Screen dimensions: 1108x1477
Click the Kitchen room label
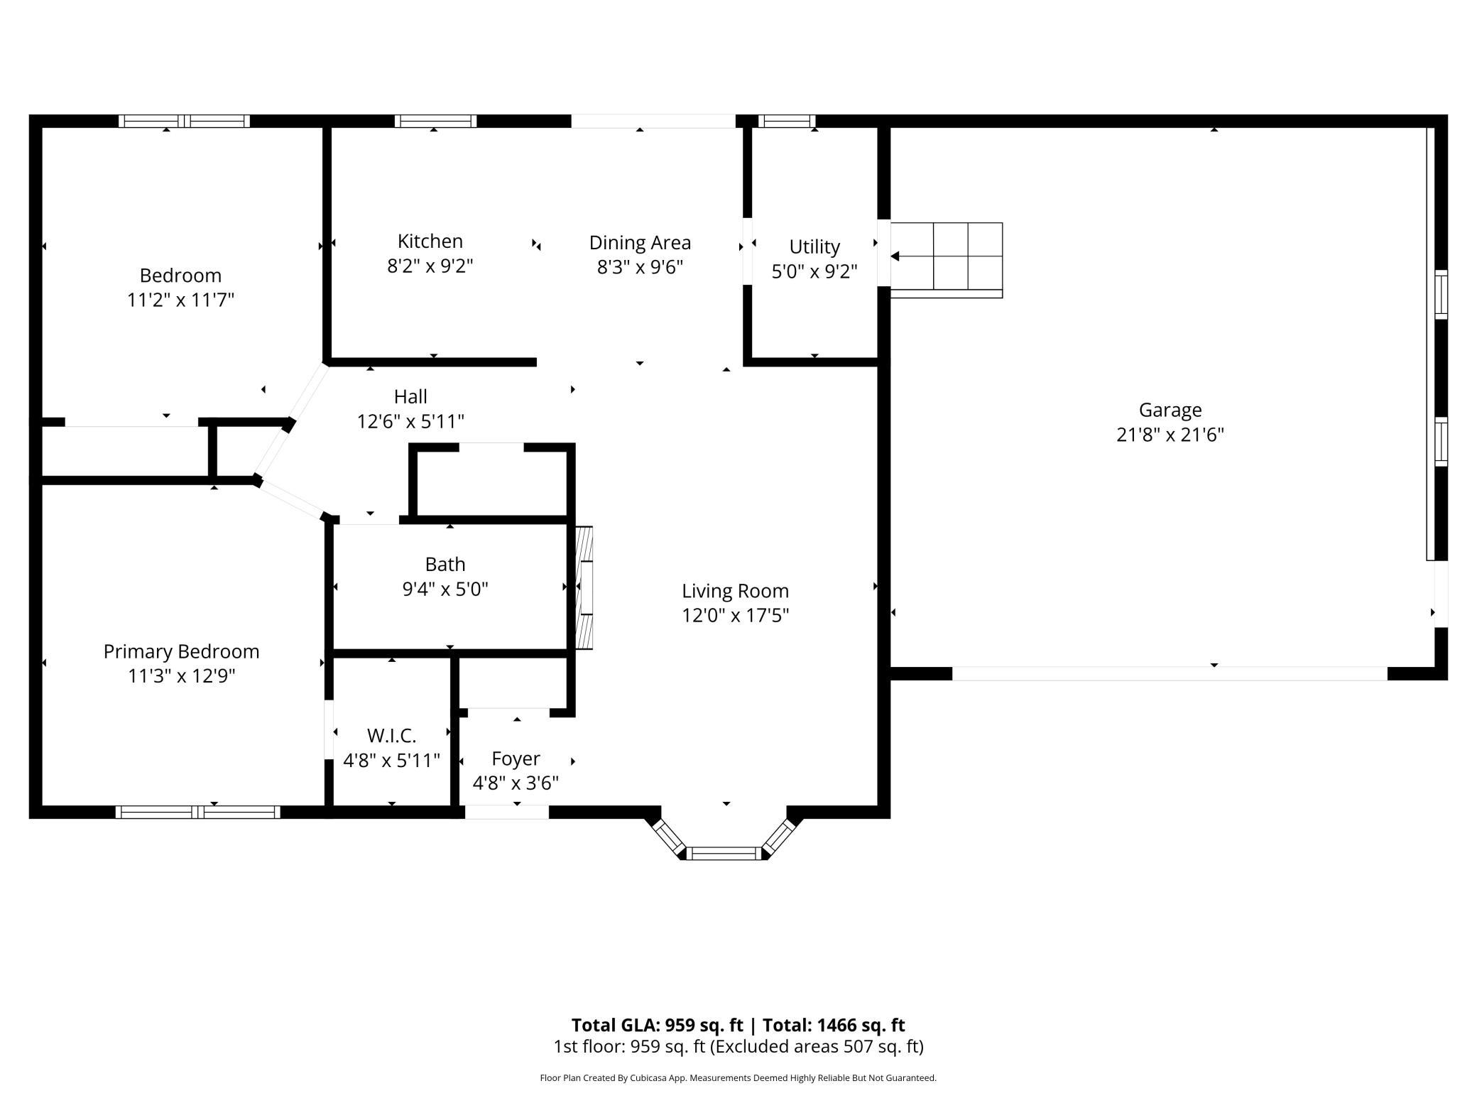(430, 241)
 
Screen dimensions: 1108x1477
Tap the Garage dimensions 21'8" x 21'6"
(1170, 435)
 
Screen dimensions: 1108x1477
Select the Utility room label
(814, 246)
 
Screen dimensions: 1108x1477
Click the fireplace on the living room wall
(584, 587)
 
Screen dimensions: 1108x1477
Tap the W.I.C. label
(391, 735)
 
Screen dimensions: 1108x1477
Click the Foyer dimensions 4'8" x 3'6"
(516, 783)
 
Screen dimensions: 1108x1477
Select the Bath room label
(445, 564)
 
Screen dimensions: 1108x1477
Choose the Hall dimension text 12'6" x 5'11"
(410, 422)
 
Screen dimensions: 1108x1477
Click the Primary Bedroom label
(181, 651)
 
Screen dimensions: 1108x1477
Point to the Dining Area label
(640, 243)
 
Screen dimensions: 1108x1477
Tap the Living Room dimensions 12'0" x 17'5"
(735, 615)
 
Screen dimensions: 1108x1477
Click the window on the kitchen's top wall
(435, 121)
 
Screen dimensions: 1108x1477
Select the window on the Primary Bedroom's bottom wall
(198, 812)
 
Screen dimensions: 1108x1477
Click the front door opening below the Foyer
(506, 812)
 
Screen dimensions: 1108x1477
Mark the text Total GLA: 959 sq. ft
(657, 1025)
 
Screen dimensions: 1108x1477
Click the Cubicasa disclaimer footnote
(738, 1077)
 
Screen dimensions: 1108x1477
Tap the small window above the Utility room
(785, 121)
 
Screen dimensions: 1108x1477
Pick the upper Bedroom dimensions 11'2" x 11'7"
(180, 300)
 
